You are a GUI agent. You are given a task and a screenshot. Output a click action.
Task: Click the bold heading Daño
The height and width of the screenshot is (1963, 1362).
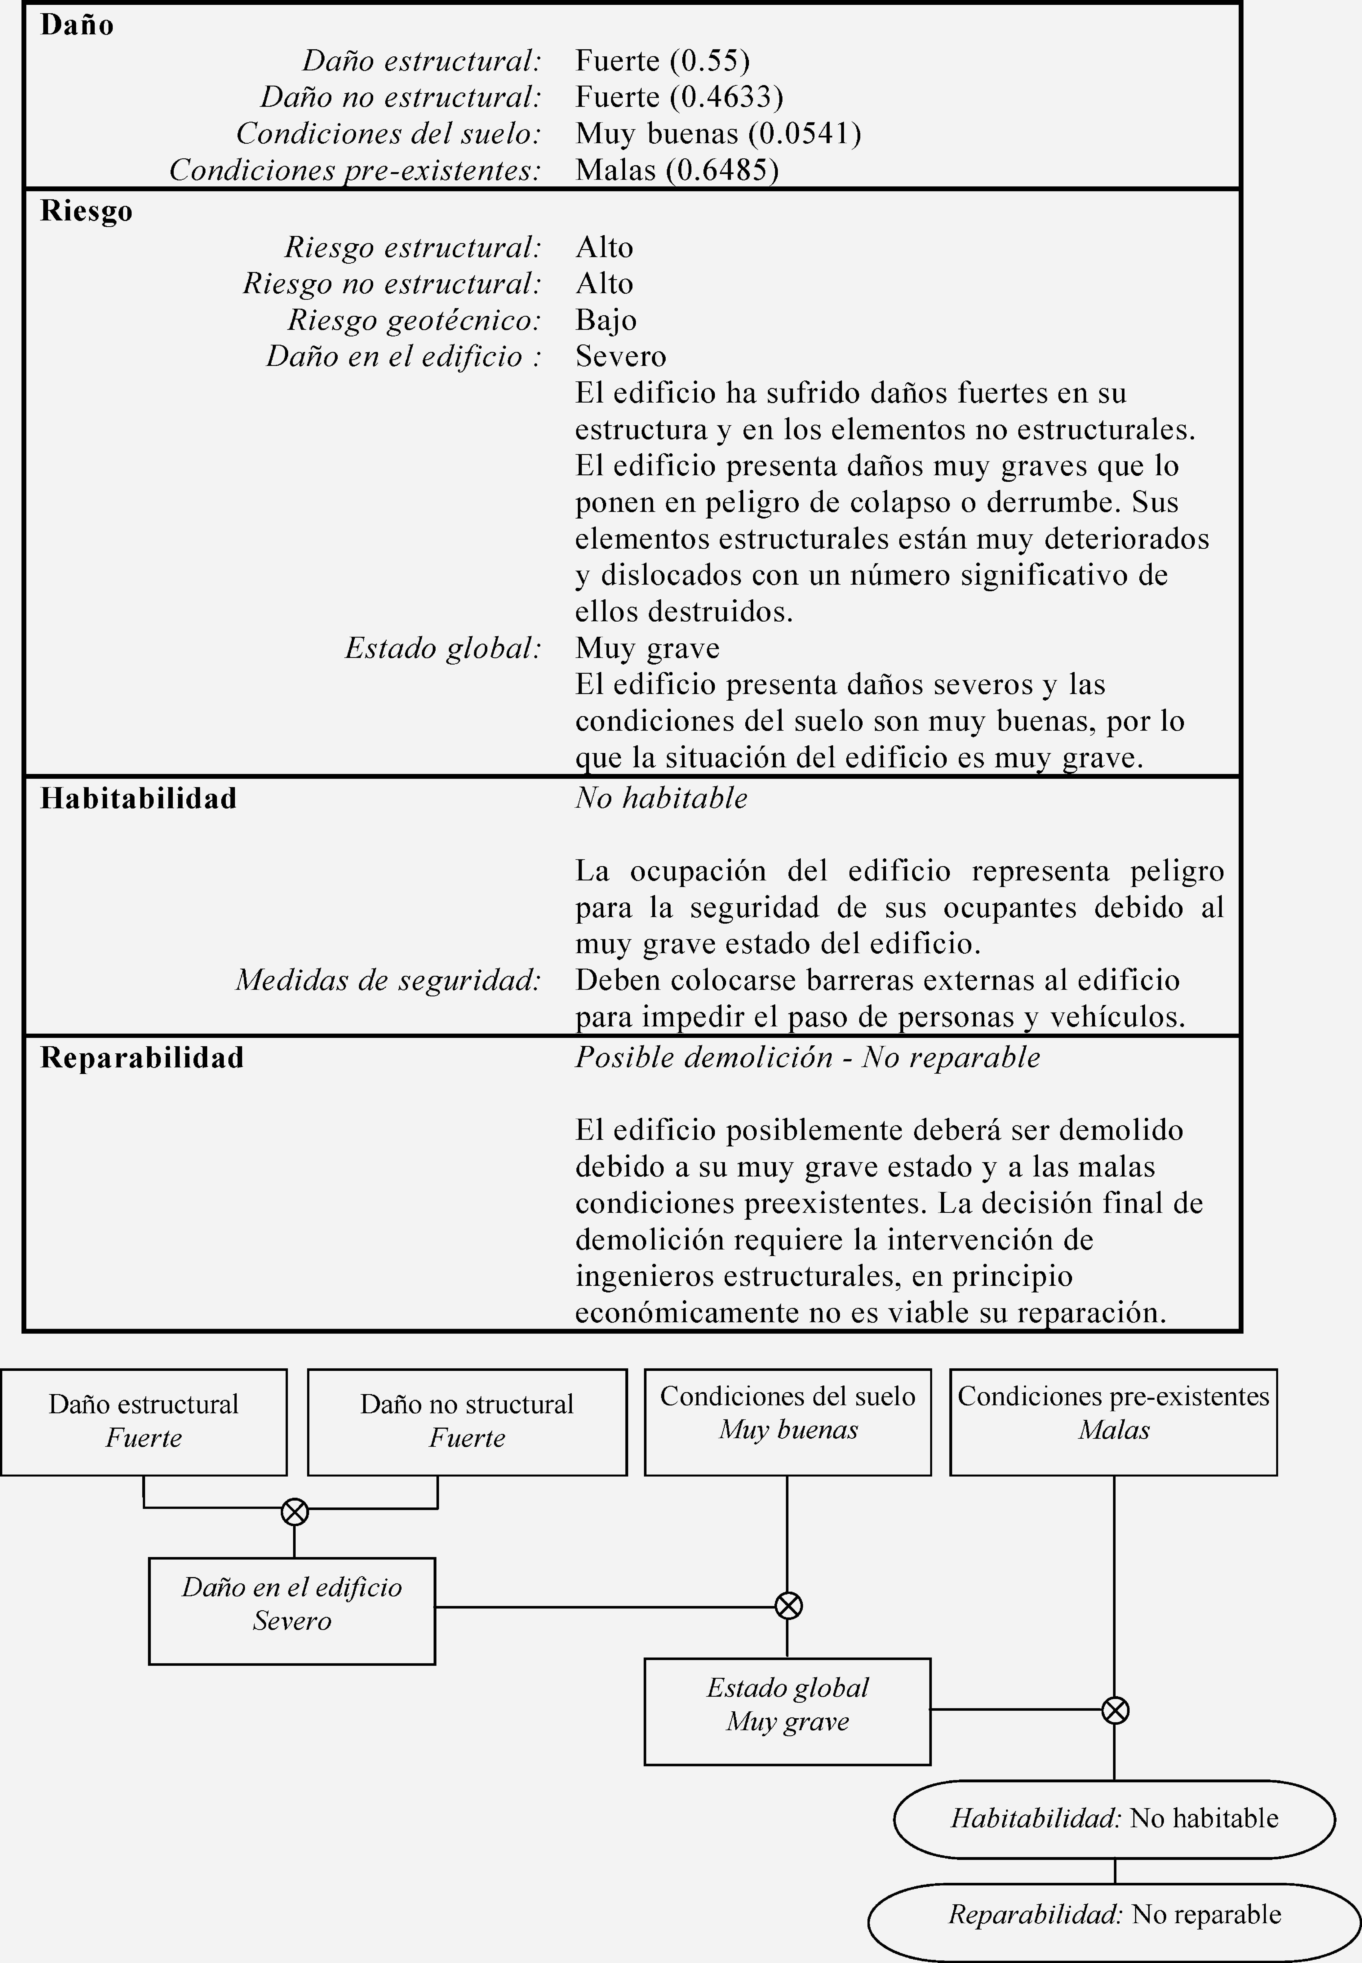(77, 25)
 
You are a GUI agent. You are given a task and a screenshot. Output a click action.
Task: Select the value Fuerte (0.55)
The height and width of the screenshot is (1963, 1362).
(662, 61)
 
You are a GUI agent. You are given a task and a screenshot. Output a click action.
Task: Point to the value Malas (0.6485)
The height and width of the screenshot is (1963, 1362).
(677, 170)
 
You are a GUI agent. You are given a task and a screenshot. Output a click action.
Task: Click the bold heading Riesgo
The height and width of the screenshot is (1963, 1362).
(86, 211)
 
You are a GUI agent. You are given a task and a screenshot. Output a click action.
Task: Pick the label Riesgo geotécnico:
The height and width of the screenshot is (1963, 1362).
(414, 320)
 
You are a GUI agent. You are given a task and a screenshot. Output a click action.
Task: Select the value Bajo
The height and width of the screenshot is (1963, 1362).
(606, 320)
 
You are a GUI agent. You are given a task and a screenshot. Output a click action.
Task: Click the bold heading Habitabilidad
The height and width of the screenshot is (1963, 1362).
(138, 798)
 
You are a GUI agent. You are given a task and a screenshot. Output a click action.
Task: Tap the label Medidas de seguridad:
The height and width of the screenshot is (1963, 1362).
(388, 980)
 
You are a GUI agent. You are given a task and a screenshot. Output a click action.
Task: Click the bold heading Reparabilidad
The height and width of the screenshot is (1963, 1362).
(142, 1057)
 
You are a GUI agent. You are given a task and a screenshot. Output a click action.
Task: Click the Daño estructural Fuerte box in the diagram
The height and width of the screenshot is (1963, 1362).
(143, 1422)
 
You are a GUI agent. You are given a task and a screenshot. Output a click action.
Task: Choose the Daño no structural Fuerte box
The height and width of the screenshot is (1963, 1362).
(467, 1422)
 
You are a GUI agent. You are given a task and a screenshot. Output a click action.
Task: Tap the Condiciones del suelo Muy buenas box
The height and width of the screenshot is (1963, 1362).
(787, 1422)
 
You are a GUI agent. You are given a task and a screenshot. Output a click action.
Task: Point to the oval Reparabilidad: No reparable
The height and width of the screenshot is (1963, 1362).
(1114, 1914)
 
